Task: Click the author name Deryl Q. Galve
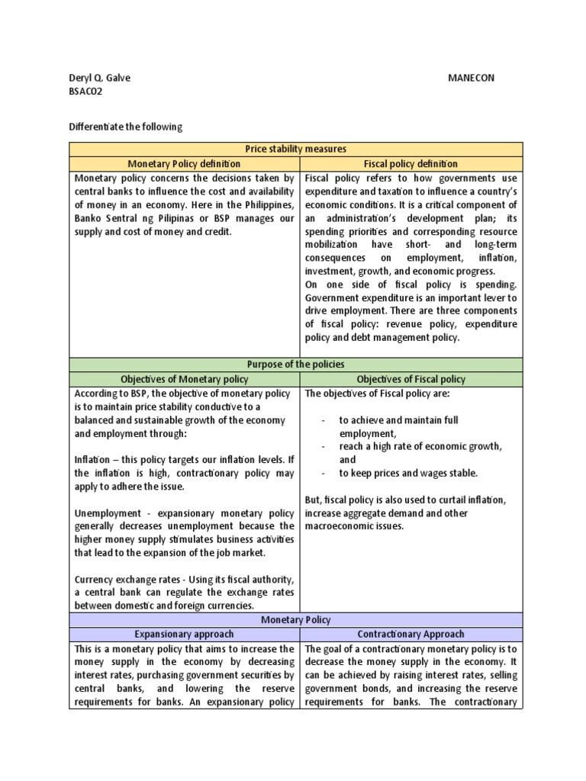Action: click(99, 78)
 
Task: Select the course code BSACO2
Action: click(85, 92)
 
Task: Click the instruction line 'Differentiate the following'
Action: click(126, 127)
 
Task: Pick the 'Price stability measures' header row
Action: click(296, 149)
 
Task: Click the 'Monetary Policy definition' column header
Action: click(184, 163)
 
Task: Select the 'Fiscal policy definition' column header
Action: click(411, 163)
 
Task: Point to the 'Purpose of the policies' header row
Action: click(296, 365)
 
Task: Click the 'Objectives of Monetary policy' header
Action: click(184, 379)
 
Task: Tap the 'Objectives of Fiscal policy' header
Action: click(411, 379)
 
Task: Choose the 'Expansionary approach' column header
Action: click(184, 634)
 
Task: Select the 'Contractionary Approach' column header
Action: click(411, 634)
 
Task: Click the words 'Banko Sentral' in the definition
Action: click(105, 218)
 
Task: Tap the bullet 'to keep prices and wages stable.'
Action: click(408, 473)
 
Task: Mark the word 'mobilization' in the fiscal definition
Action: click(330, 245)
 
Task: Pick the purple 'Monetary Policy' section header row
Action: click(296, 620)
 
